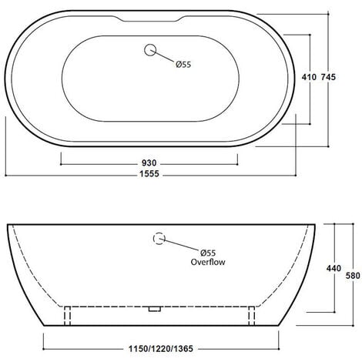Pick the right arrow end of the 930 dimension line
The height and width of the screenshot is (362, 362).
240,163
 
